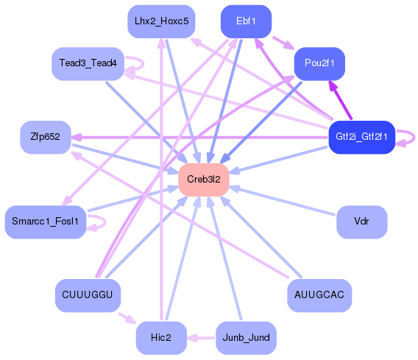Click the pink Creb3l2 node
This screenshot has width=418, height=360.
pos(204,180)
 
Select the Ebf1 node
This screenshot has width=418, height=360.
pos(246,21)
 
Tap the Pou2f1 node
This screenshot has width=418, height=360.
pos(319,64)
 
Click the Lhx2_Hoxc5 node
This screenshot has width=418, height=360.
pos(160,21)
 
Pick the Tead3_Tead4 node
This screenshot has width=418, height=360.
pos(88,64)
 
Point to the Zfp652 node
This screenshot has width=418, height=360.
pos(45,137)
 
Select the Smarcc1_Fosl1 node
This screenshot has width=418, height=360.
pos(46,222)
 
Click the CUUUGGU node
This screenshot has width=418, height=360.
pos(88,295)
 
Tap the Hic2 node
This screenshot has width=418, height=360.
pos(160,338)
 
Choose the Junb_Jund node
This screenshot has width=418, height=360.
pos(246,338)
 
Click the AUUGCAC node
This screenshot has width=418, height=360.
pos(319,295)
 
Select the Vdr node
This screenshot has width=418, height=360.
pos(361,222)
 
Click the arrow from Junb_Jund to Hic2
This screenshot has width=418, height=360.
pos(200,338)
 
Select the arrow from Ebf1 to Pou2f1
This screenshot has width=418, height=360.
pos(282,41)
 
